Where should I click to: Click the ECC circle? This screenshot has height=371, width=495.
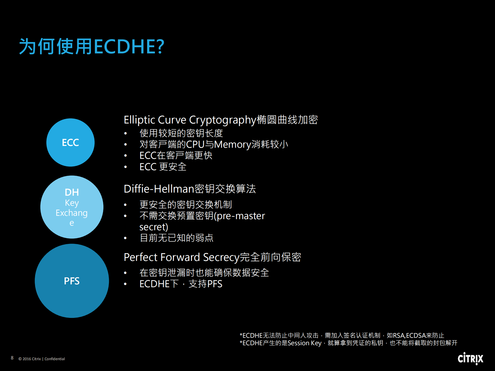[x=70, y=142]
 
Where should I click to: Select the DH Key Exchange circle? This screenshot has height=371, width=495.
[x=72, y=207]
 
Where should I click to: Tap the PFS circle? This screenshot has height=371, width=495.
[x=72, y=281]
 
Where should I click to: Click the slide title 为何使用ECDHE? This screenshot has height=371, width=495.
[x=92, y=47]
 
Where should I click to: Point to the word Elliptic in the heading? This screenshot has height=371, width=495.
[x=139, y=120]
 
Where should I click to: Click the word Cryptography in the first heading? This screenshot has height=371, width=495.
[x=223, y=120]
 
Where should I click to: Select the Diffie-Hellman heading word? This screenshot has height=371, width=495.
[x=159, y=189]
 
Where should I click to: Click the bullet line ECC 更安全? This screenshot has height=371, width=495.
[x=163, y=167]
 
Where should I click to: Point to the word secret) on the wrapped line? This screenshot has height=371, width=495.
[x=154, y=227]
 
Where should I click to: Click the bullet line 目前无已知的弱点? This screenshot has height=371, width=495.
[x=176, y=238]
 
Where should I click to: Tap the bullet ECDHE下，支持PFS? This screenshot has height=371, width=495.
[x=181, y=284]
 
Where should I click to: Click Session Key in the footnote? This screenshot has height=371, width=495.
[x=304, y=343]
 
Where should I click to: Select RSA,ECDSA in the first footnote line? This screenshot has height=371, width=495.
[x=409, y=335]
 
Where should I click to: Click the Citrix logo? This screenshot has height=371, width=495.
[x=470, y=358]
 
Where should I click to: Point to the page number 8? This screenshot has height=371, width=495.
[x=12, y=358]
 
